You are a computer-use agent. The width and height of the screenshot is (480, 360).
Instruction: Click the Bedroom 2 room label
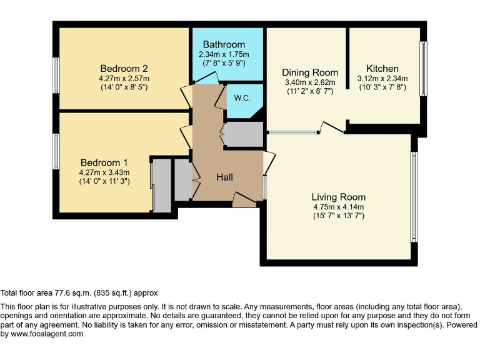[x=124, y=68]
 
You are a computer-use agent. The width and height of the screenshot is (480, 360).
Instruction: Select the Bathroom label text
[x=223, y=44]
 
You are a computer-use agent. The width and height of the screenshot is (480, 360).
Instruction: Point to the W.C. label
[x=242, y=98]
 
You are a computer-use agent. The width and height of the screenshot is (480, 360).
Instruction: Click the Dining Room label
[x=309, y=72]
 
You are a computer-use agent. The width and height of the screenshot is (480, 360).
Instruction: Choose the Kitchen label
[x=382, y=69]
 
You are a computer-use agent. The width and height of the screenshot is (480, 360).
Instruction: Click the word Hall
[x=225, y=177]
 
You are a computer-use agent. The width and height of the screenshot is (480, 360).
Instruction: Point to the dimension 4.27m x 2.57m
[x=124, y=78]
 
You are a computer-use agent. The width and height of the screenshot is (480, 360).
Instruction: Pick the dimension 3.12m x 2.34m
[x=382, y=79]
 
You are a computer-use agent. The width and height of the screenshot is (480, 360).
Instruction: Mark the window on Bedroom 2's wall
[x=56, y=75]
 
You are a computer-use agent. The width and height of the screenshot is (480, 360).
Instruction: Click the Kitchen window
[x=423, y=69]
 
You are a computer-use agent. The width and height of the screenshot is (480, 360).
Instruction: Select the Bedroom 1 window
[x=56, y=151]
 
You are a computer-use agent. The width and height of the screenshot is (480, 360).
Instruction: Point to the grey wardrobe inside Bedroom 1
[x=161, y=186]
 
